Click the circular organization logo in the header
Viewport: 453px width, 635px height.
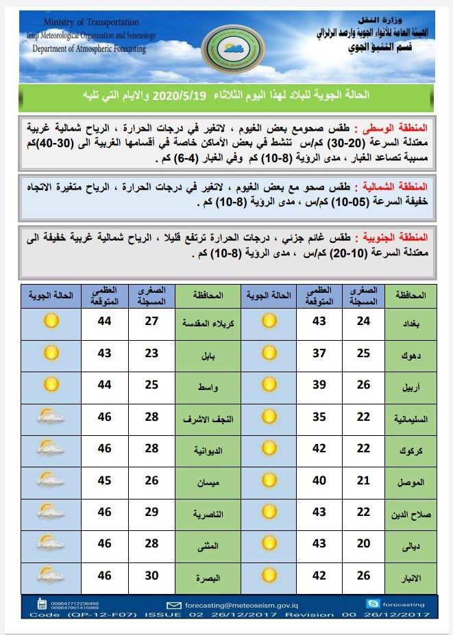tap(226, 49)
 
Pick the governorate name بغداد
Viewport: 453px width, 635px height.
tap(411, 322)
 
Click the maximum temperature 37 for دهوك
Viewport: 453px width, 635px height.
tap(319, 353)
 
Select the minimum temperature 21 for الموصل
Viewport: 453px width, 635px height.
tap(363, 481)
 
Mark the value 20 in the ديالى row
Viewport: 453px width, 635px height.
tap(363, 544)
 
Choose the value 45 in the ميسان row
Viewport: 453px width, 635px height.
tap(103, 481)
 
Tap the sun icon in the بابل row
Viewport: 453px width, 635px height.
tap(50, 353)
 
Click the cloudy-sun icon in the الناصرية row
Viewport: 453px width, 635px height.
tap(50, 513)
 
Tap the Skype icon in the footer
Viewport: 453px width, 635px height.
tap(373, 604)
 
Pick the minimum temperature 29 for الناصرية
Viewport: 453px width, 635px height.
tap(151, 513)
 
